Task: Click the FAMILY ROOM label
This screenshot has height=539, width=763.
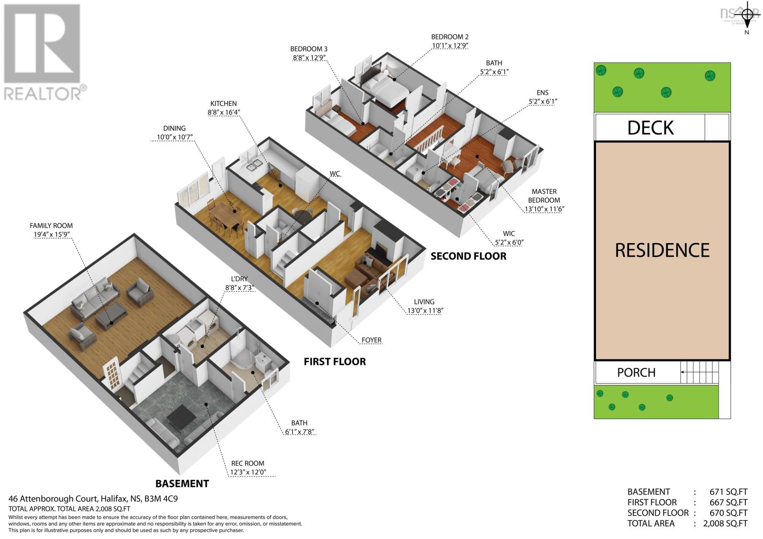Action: pyautogui.click(x=51, y=225)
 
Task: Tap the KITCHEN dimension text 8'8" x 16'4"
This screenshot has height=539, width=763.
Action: pyautogui.click(x=223, y=112)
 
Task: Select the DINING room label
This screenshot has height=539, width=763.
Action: pyautogui.click(x=174, y=128)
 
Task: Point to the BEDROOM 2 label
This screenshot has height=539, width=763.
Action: pyautogui.click(x=450, y=37)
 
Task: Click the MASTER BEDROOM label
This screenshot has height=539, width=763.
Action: pyautogui.click(x=544, y=196)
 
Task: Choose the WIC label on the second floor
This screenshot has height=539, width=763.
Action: pyautogui.click(x=509, y=234)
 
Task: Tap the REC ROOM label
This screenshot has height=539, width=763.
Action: pyautogui.click(x=247, y=463)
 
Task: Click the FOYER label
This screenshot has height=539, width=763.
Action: pyautogui.click(x=371, y=340)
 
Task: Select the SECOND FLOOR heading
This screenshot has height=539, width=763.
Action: pyautogui.click(x=468, y=256)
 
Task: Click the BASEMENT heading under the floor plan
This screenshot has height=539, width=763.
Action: pyautogui.click(x=182, y=484)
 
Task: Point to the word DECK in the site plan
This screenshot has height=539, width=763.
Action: pyautogui.click(x=650, y=128)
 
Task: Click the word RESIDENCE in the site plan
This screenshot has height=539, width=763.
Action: pyautogui.click(x=662, y=250)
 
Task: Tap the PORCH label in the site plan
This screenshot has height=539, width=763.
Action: pyautogui.click(x=636, y=372)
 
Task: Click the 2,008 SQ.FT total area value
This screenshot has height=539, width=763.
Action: pyautogui.click(x=725, y=523)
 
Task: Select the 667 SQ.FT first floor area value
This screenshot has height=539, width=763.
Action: pyautogui.click(x=729, y=502)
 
